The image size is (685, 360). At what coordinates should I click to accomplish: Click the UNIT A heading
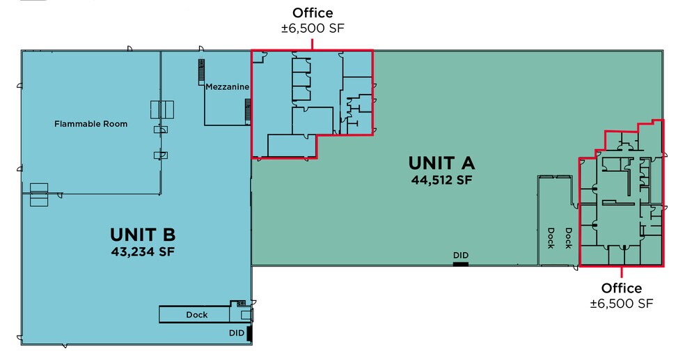pos(441,163)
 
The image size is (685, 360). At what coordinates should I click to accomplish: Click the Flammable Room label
pos(91,125)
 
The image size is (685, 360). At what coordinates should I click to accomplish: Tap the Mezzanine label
pos(227,87)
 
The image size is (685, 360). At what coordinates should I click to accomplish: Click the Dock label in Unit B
pos(197,315)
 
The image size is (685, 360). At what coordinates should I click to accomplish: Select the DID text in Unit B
pos(237,333)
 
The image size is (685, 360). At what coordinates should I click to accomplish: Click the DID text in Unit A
pos(460,256)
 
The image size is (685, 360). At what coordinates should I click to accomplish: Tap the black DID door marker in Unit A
pos(461,263)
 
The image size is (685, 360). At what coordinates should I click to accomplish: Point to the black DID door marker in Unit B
pos(249,334)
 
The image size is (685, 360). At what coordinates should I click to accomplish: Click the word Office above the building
pos(313,13)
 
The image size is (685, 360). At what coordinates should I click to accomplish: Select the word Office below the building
pos(622,288)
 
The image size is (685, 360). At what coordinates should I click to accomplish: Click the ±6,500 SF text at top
pos(313,28)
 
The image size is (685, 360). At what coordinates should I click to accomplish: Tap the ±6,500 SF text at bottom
pos(622,304)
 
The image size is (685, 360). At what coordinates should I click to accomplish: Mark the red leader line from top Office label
pos(313,42)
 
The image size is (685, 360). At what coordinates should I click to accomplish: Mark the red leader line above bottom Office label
pos(622,274)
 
